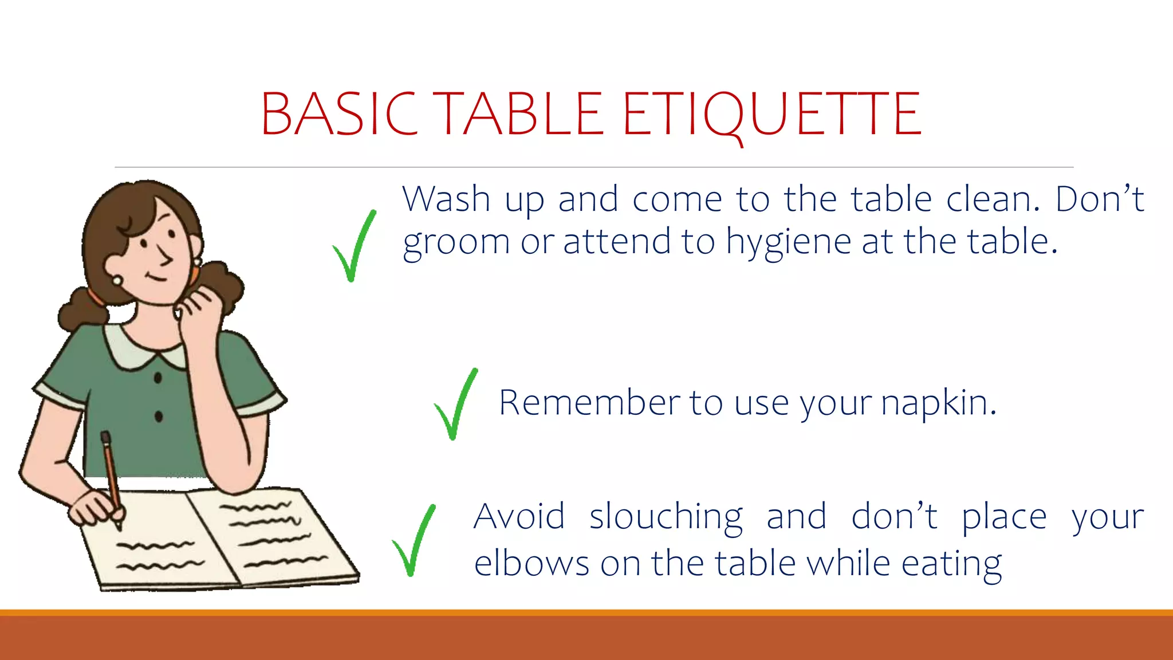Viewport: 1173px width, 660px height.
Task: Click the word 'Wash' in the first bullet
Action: click(x=446, y=199)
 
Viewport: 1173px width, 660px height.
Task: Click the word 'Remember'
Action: click(x=589, y=403)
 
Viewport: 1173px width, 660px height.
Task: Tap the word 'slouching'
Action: click(x=666, y=517)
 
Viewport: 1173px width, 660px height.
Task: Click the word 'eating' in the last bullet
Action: click(x=951, y=564)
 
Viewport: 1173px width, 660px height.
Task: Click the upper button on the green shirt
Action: click(x=158, y=378)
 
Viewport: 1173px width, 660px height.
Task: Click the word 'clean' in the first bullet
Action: click(x=991, y=199)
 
